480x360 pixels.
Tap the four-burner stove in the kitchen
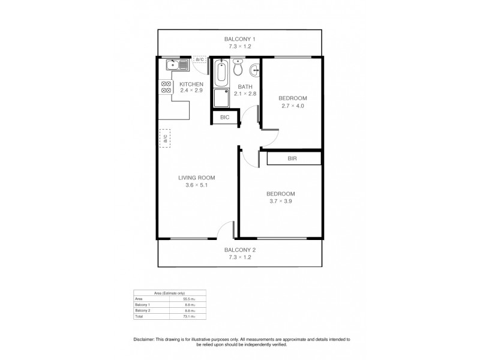pos(164,86)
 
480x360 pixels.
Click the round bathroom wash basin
pos(254,70)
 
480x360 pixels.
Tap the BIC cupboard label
pos(224,118)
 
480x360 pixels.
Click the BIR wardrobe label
pos(293,158)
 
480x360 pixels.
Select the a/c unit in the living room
pos(164,138)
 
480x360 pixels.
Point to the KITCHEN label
pos(191,84)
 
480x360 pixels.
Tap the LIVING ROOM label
pos(196,178)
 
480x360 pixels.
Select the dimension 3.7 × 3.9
pos(280,201)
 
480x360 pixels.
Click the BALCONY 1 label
pos(240,38)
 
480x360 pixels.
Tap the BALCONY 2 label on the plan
pos(240,250)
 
